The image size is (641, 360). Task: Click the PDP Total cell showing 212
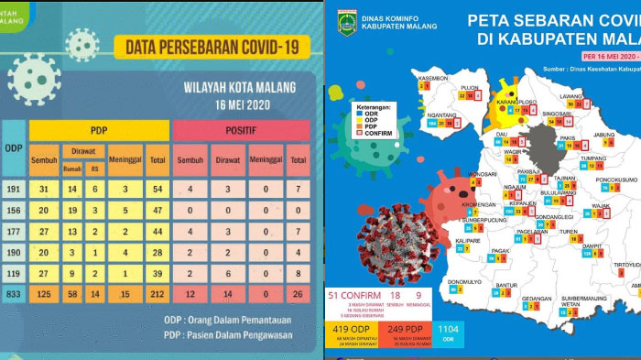click(x=158, y=294)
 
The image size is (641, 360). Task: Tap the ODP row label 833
click(x=13, y=294)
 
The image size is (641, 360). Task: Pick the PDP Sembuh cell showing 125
click(x=43, y=294)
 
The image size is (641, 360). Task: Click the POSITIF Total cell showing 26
click(x=298, y=294)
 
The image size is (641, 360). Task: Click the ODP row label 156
click(x=13, y=210)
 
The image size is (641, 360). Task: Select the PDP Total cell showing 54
click(x=158, y=189)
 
